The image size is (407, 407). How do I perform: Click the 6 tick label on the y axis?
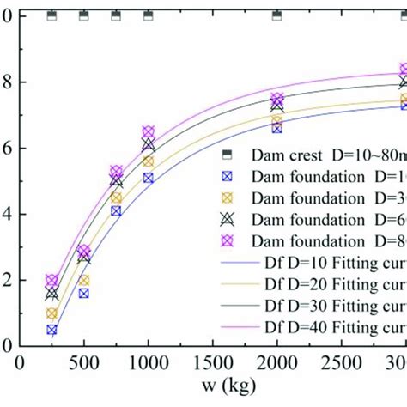point(7,149)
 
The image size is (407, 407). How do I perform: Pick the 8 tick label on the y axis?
point(7,82)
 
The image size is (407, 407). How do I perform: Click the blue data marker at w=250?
point(52,330)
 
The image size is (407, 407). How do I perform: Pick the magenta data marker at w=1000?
point(148,131)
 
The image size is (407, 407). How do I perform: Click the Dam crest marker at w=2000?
point(276,16)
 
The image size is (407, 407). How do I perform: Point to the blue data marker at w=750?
point(116,210)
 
